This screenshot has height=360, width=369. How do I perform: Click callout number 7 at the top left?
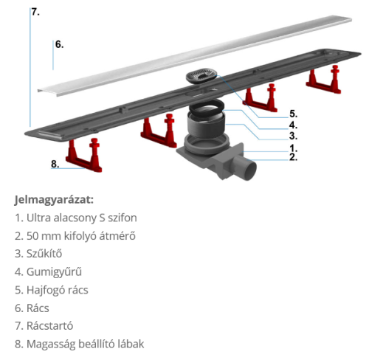pos(35,12)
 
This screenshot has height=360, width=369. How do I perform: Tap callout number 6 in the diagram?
pos(59,44)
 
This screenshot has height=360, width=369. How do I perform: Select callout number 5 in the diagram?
pos(293,114)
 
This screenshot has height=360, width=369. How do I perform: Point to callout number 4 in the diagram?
pos(293,125)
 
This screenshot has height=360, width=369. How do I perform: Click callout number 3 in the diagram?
pos(293,136)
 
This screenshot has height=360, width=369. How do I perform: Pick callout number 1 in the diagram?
pos(293,148)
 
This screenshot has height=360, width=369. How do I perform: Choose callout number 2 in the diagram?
pos(293,157)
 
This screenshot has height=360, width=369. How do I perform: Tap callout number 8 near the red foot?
pos(55,164)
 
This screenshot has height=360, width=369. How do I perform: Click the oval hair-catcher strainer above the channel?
pos(201,75)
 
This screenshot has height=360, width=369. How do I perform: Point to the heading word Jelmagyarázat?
pos(54,200)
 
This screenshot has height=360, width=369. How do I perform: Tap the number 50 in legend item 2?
pos(33,236)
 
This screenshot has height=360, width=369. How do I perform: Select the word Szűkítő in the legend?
pos(44,254)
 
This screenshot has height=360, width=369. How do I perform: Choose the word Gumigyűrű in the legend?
pos(54,271)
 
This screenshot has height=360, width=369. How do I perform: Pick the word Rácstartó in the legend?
pos(49,326)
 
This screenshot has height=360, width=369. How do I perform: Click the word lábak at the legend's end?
pos(131,344)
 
